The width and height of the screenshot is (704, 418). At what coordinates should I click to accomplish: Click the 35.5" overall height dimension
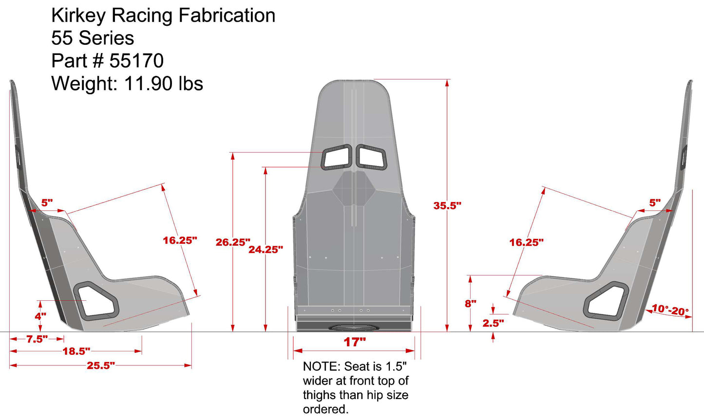(x=447, y=206)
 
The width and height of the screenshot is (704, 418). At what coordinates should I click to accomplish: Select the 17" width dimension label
(x=354, y=342)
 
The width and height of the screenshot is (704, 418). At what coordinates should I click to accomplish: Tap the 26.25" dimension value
(x=232, y=242)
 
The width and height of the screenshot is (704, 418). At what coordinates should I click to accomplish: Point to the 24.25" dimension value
(x=266, y=250)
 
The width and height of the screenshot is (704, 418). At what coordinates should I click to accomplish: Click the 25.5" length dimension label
(x=100, y=365)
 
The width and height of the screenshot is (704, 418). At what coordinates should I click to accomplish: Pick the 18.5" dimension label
(x=76, y=351)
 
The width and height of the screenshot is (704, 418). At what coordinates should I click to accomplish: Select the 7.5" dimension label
(x=37, y=339)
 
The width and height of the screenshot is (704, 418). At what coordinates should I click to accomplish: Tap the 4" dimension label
(x=40, y=316)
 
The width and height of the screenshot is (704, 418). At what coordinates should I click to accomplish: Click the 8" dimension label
(x=470, y=304)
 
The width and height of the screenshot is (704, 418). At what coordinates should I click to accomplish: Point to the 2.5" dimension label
(x=493, y=323)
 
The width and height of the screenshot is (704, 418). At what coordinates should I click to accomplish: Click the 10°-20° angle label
(x=670, y=310)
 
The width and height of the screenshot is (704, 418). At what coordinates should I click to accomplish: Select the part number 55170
(x=136, y=61)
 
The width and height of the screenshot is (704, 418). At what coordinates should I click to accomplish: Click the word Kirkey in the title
(x=78, y=16)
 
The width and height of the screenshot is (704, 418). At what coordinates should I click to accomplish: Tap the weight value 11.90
(x=149, y=84)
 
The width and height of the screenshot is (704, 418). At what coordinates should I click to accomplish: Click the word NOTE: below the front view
(x=321, y=366)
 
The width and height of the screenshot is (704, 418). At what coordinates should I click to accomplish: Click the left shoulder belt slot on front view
(x=337, y=157)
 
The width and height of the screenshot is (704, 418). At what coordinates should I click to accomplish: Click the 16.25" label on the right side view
(x=526, y=242)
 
